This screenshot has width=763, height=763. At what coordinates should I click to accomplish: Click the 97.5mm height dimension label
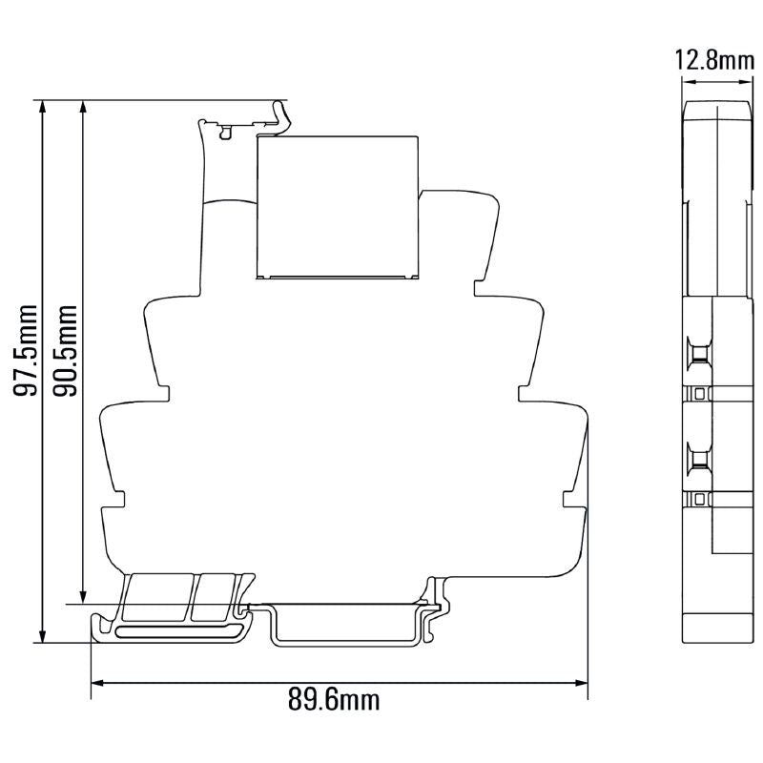coord(29,351)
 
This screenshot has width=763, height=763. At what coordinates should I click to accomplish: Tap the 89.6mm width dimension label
coord(334,700)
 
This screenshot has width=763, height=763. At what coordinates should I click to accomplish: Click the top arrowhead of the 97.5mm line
coord(42,106)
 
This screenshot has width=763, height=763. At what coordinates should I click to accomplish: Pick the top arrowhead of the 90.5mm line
coord(84,106)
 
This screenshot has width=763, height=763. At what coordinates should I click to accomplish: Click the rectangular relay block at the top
coord(337,207)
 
